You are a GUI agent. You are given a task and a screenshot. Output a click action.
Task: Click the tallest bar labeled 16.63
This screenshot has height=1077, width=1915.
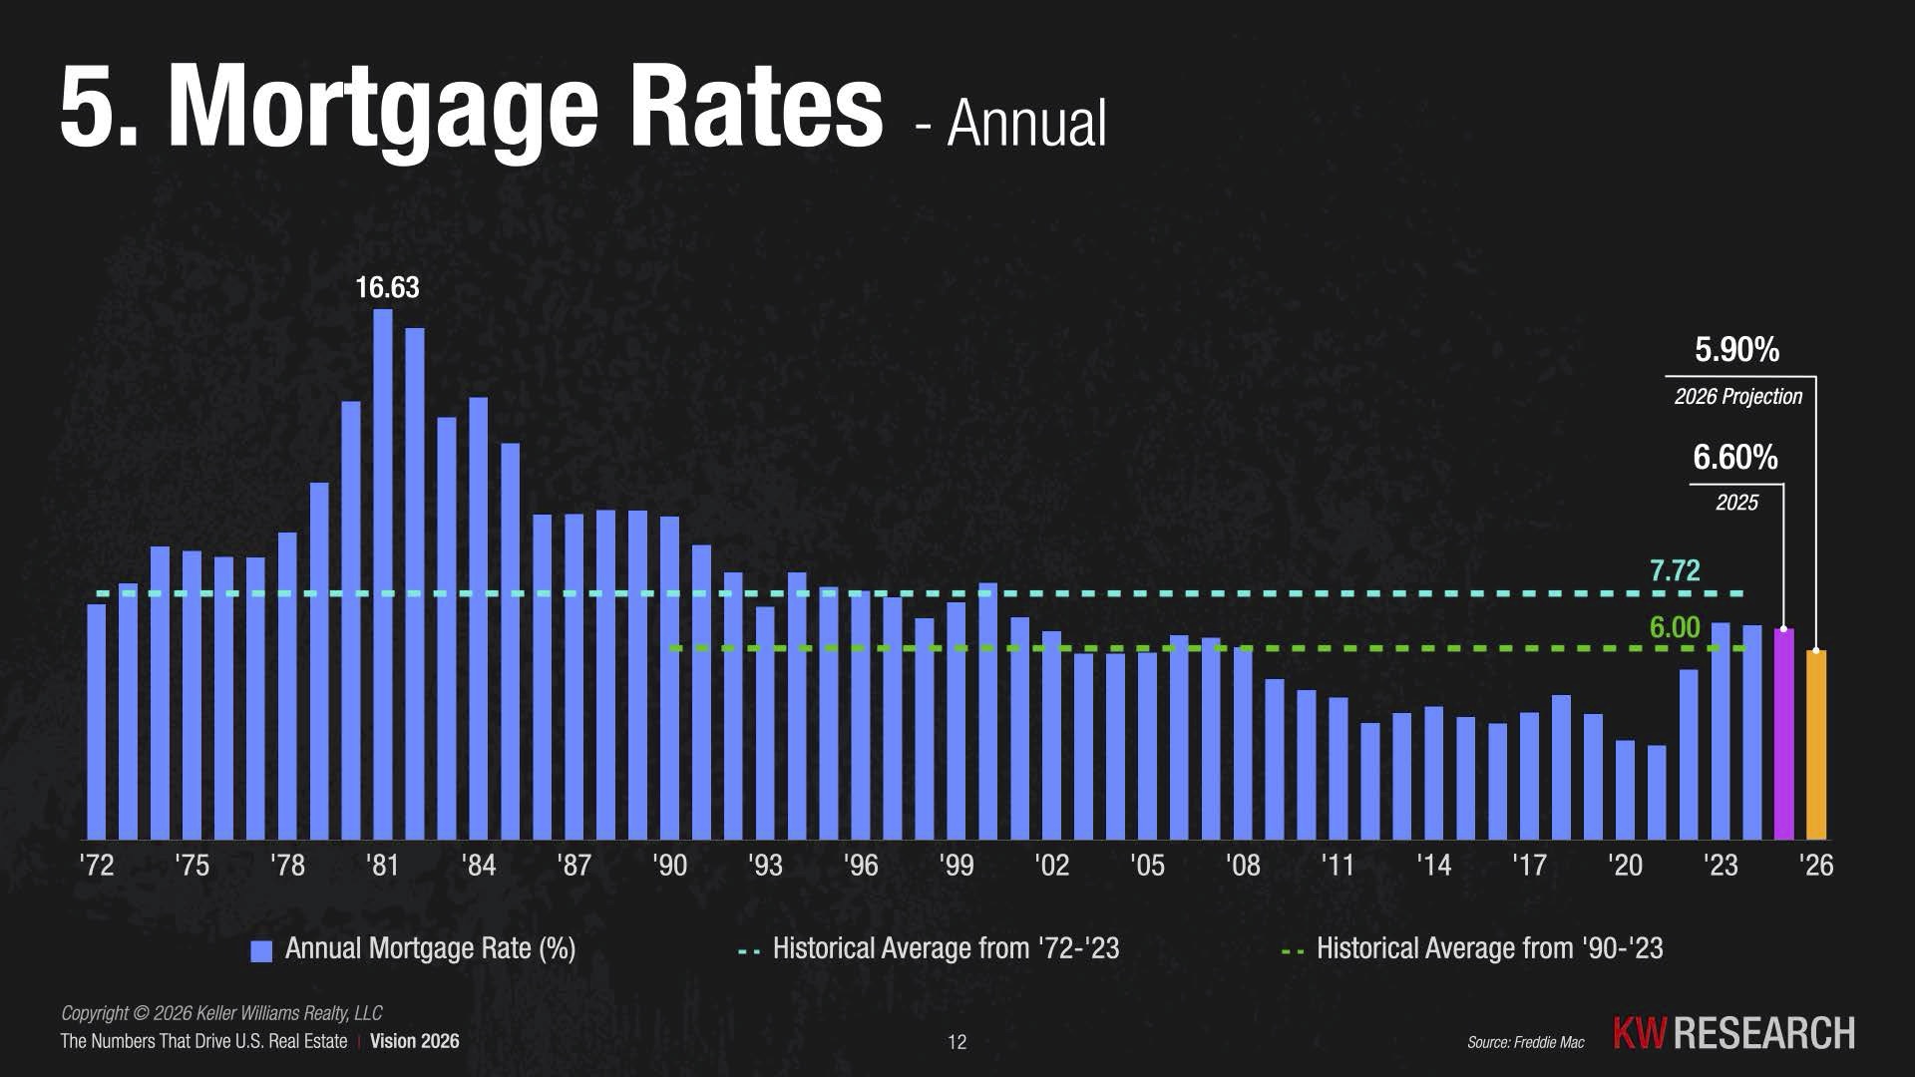383,573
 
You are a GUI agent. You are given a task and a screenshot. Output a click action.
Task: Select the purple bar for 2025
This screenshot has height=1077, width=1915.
1783,733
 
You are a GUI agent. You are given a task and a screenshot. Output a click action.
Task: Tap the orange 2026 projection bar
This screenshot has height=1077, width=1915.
1816,744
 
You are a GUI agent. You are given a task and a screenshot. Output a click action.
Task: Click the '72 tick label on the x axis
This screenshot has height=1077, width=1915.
97,865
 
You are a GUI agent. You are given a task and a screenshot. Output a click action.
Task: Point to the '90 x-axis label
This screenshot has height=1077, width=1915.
670,865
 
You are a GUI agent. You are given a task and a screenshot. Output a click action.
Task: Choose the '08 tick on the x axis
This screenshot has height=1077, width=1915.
1243,865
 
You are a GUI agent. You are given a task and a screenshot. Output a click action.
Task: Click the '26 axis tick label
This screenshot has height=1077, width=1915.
1816,865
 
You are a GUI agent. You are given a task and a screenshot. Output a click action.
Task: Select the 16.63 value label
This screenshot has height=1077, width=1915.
387,288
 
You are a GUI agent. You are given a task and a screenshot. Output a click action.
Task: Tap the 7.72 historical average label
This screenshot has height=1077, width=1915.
1674,570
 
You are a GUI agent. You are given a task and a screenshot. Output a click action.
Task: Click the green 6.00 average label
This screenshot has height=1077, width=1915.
1674,627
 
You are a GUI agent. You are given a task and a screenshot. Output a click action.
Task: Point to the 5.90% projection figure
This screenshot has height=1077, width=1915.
1736,350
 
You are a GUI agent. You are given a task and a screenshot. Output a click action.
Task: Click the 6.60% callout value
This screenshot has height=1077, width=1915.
1734,458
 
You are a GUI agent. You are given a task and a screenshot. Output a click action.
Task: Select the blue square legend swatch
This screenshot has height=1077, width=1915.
261,950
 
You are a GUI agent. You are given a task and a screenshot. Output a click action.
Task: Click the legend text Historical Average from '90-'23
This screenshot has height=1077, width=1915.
1489,948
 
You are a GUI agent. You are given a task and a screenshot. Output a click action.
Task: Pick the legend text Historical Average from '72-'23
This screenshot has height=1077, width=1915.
946,948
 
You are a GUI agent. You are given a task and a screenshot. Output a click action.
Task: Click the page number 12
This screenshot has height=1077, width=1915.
957,1042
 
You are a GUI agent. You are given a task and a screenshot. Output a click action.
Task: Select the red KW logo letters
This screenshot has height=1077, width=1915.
1639,1034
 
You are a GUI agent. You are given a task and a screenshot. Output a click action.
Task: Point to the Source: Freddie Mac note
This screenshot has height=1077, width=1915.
1525,1042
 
